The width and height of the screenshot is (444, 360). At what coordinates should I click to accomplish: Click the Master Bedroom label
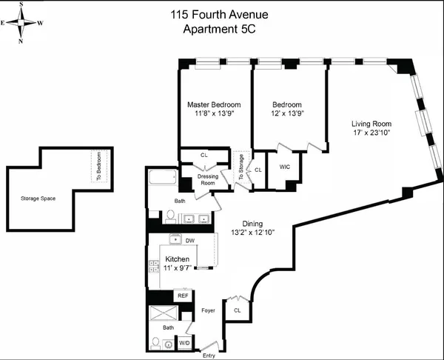coord(214,105)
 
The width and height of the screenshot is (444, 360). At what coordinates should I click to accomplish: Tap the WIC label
coord(283,167)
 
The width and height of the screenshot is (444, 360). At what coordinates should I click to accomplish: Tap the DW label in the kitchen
coord(189,241)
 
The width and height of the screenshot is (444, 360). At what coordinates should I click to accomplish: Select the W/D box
coord(184,344)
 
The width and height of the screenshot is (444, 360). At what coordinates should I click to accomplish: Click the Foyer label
coord(207,310)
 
